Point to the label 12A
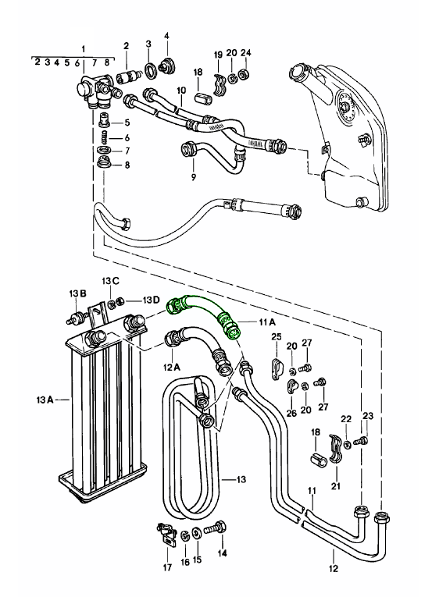172,365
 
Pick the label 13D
152,300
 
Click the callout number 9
191,176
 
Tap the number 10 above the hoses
180,91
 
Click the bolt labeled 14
214,530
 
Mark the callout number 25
275,336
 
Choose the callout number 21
337,487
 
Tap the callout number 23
368,416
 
